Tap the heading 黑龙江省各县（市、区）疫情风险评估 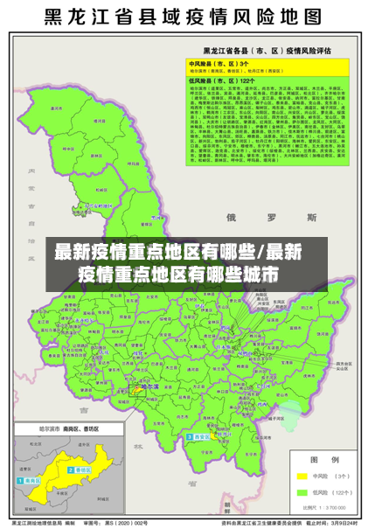tap(267, 52)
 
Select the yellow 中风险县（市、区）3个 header tap(219, 64)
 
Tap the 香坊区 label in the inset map tap(85, 470)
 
